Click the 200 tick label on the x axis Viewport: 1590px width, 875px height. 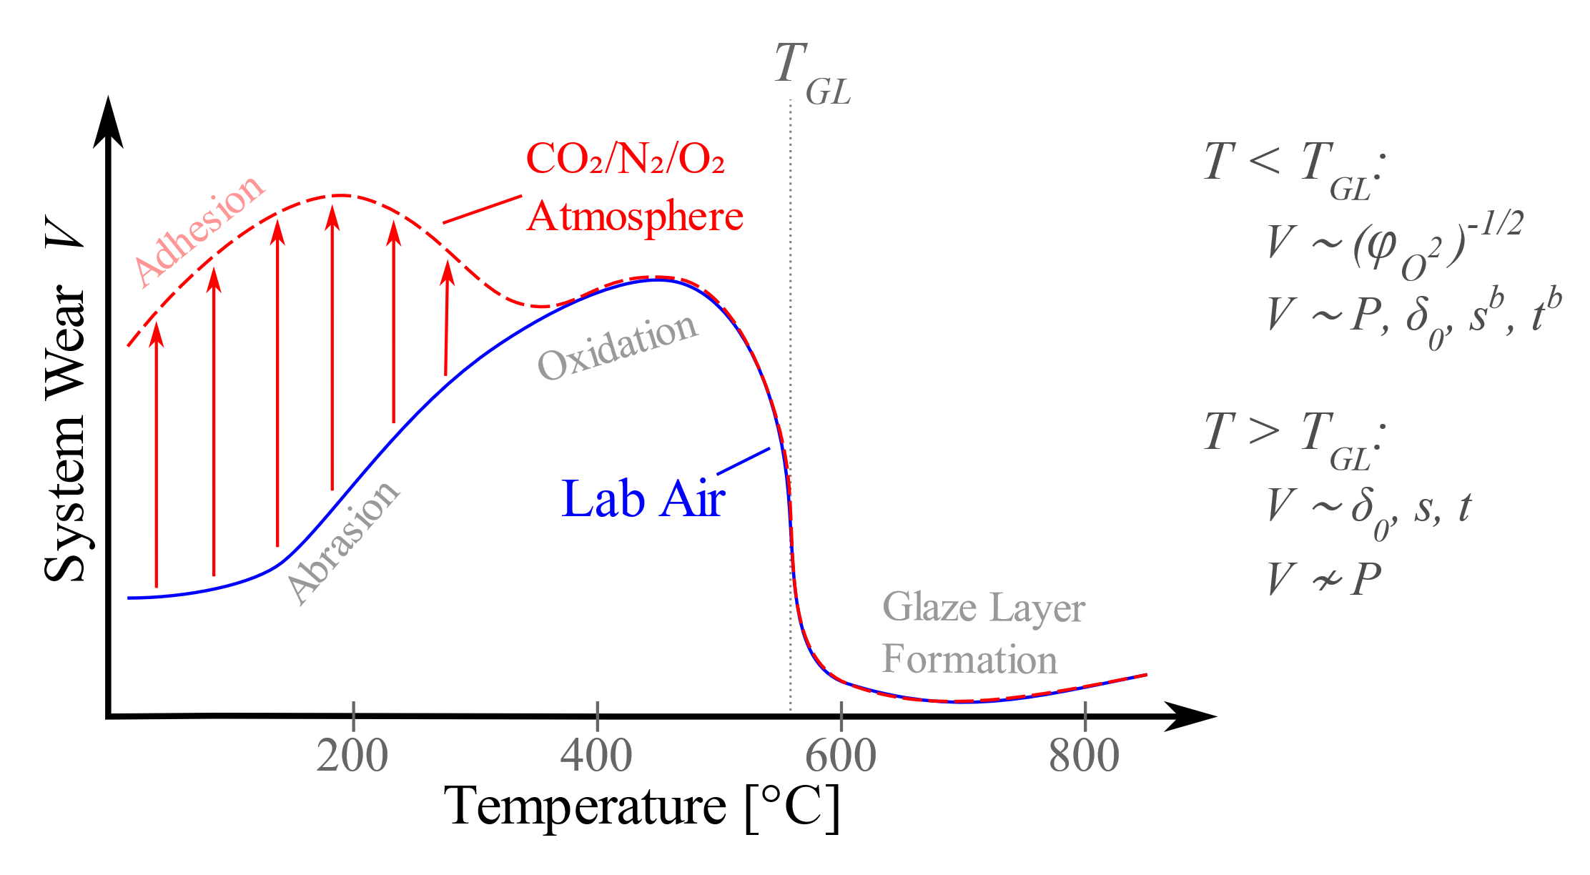coord(352,755)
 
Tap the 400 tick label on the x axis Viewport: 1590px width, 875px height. coord(596,755)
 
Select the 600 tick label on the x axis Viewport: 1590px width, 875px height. coord(841,755)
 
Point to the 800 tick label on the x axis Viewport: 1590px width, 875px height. coord(1085,755)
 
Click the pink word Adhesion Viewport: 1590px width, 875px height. coord(199,231)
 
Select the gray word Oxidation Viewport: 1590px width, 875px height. coord(617,347)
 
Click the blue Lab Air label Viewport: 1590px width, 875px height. coord(643,499)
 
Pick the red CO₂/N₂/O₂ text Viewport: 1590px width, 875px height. coord(626,159)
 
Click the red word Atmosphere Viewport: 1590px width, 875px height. coord(635,217)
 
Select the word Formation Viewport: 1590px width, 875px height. coord(969,659)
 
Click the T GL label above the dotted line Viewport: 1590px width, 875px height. coord(811,71)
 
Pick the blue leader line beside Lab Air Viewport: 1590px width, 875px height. coord(744,461)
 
